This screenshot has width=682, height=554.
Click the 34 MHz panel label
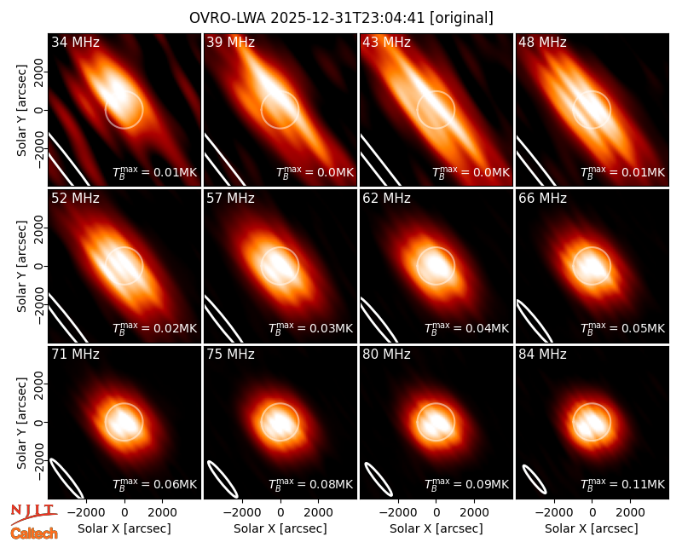75,42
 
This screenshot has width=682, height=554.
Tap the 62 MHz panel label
387,199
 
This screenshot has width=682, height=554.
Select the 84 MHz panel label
542,355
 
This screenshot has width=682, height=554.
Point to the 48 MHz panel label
542,42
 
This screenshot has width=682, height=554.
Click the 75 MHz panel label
230,355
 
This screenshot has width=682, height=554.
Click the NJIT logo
33,513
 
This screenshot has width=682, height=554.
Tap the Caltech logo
34,534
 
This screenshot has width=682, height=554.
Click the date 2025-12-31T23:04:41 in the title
347,18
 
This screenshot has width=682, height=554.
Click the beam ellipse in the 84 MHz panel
535,479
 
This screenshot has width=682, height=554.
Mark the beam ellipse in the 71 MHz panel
66,478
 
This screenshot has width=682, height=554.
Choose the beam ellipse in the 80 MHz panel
379,479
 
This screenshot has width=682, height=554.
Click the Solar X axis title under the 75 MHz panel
280,528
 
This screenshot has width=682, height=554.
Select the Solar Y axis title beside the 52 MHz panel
21,266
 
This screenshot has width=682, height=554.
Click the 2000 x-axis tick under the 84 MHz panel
630,512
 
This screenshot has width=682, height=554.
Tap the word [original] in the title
461,18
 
